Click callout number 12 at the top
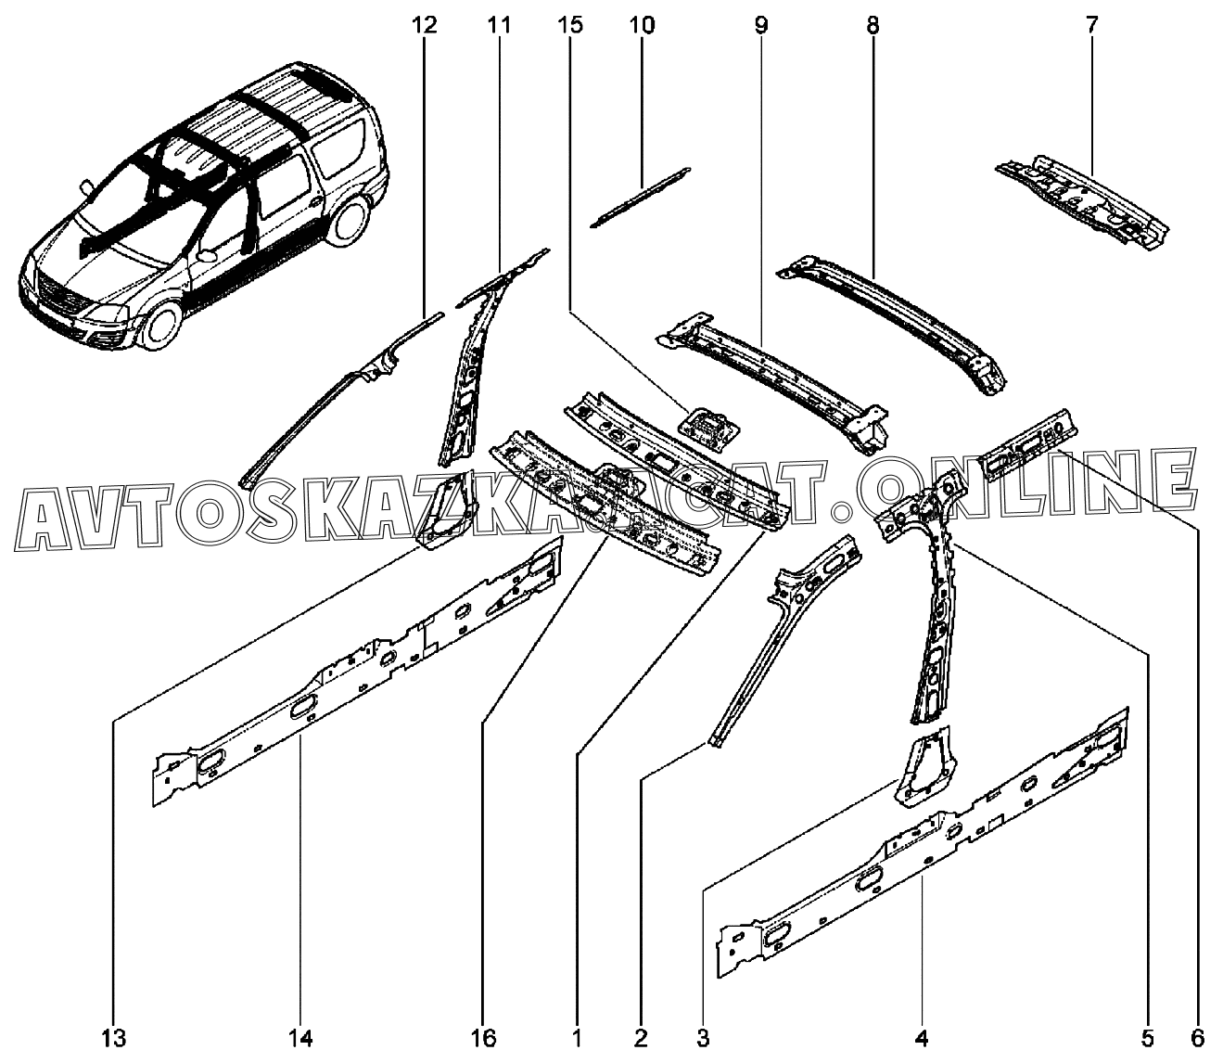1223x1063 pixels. click(424, 25)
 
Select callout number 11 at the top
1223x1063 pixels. click(499, 25)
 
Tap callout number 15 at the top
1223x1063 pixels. click(571, 25)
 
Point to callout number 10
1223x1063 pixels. click(642, 25)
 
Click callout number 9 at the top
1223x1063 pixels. click(761, 25)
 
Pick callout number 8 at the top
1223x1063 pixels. click(873, 25)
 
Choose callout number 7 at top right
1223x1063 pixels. click(1091, 25)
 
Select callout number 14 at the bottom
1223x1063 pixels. click(300, 1035)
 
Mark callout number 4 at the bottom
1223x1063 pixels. click(922, 1035)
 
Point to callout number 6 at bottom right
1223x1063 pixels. click(1196, 1035)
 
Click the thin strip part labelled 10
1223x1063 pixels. click(641, 196)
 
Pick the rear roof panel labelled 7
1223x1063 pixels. click(1080, 199)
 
